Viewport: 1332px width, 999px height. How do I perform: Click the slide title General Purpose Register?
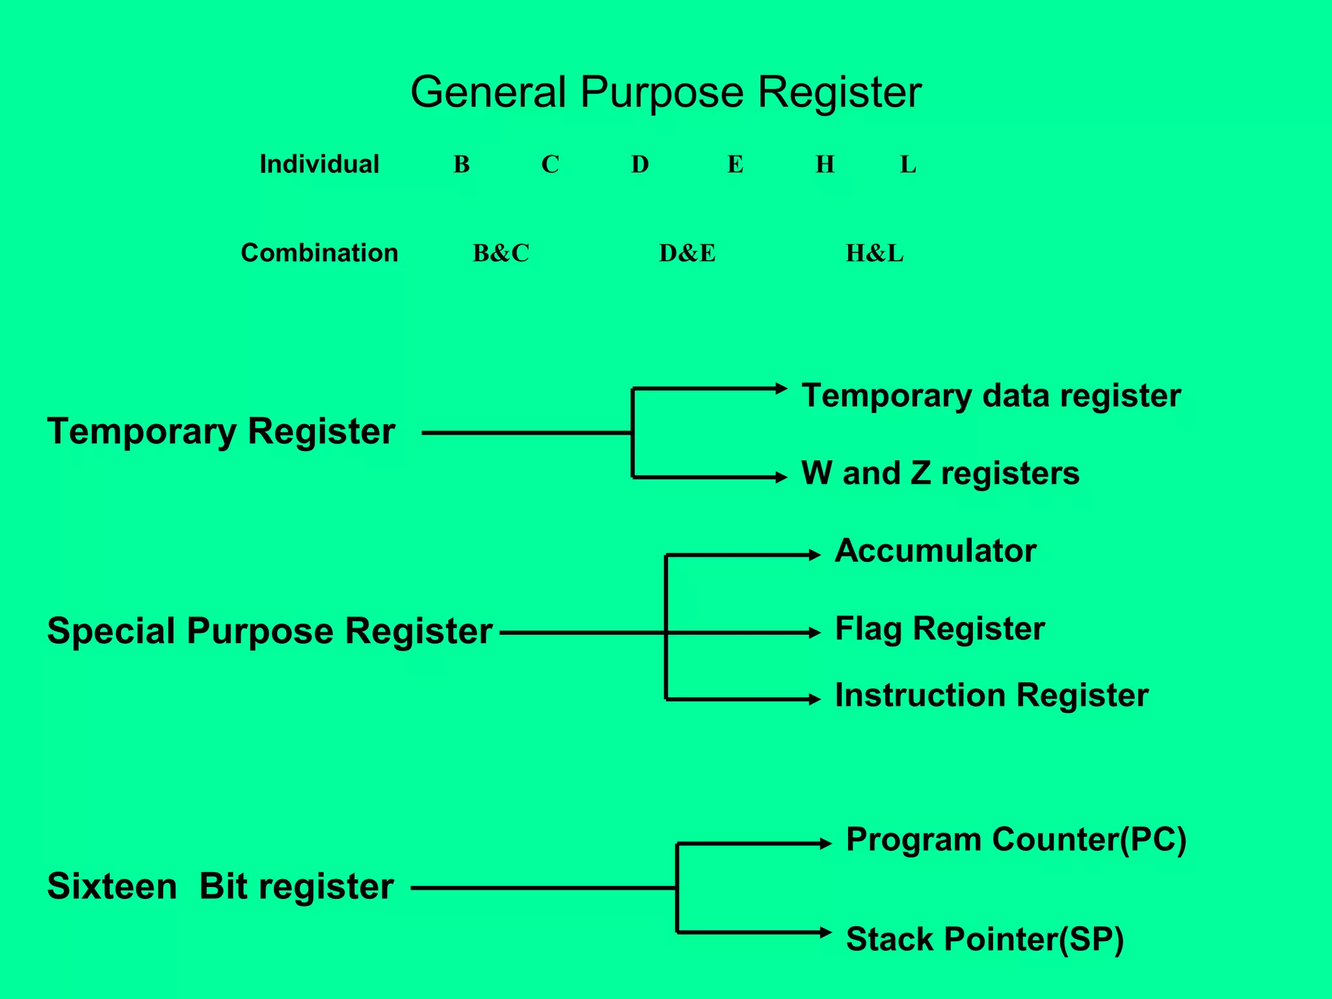point(665,92)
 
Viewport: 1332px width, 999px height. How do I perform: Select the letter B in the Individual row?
point(461,165)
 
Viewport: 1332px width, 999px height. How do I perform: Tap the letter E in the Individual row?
point(735,165)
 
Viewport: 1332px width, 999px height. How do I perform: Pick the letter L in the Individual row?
point(908,165)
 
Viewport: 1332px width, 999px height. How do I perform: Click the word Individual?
point(319,165)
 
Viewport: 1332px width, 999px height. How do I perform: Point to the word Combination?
point(319,253)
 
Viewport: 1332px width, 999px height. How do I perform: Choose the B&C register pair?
point(501,253)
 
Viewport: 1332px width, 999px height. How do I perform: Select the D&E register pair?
point(687,253)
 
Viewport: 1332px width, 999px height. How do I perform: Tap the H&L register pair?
point(874,253)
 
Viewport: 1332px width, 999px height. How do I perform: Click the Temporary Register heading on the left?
point(220,432)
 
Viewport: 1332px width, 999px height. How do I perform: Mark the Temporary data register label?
point(991,396)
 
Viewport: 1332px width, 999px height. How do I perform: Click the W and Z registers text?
point(940,473)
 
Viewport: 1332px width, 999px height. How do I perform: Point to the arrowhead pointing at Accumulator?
point(815,555)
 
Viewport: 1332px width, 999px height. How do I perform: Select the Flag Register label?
point(939,629)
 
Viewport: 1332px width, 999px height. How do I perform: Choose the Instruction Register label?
point(991,695)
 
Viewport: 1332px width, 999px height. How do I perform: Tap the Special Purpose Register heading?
point(269,632)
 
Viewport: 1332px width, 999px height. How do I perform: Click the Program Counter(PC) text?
point(1016,840)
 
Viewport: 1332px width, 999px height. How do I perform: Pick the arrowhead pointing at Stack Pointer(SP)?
point(826,932)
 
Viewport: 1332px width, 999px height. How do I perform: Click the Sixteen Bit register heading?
point(220,886)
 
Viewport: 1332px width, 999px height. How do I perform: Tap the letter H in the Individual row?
point(825,165)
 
